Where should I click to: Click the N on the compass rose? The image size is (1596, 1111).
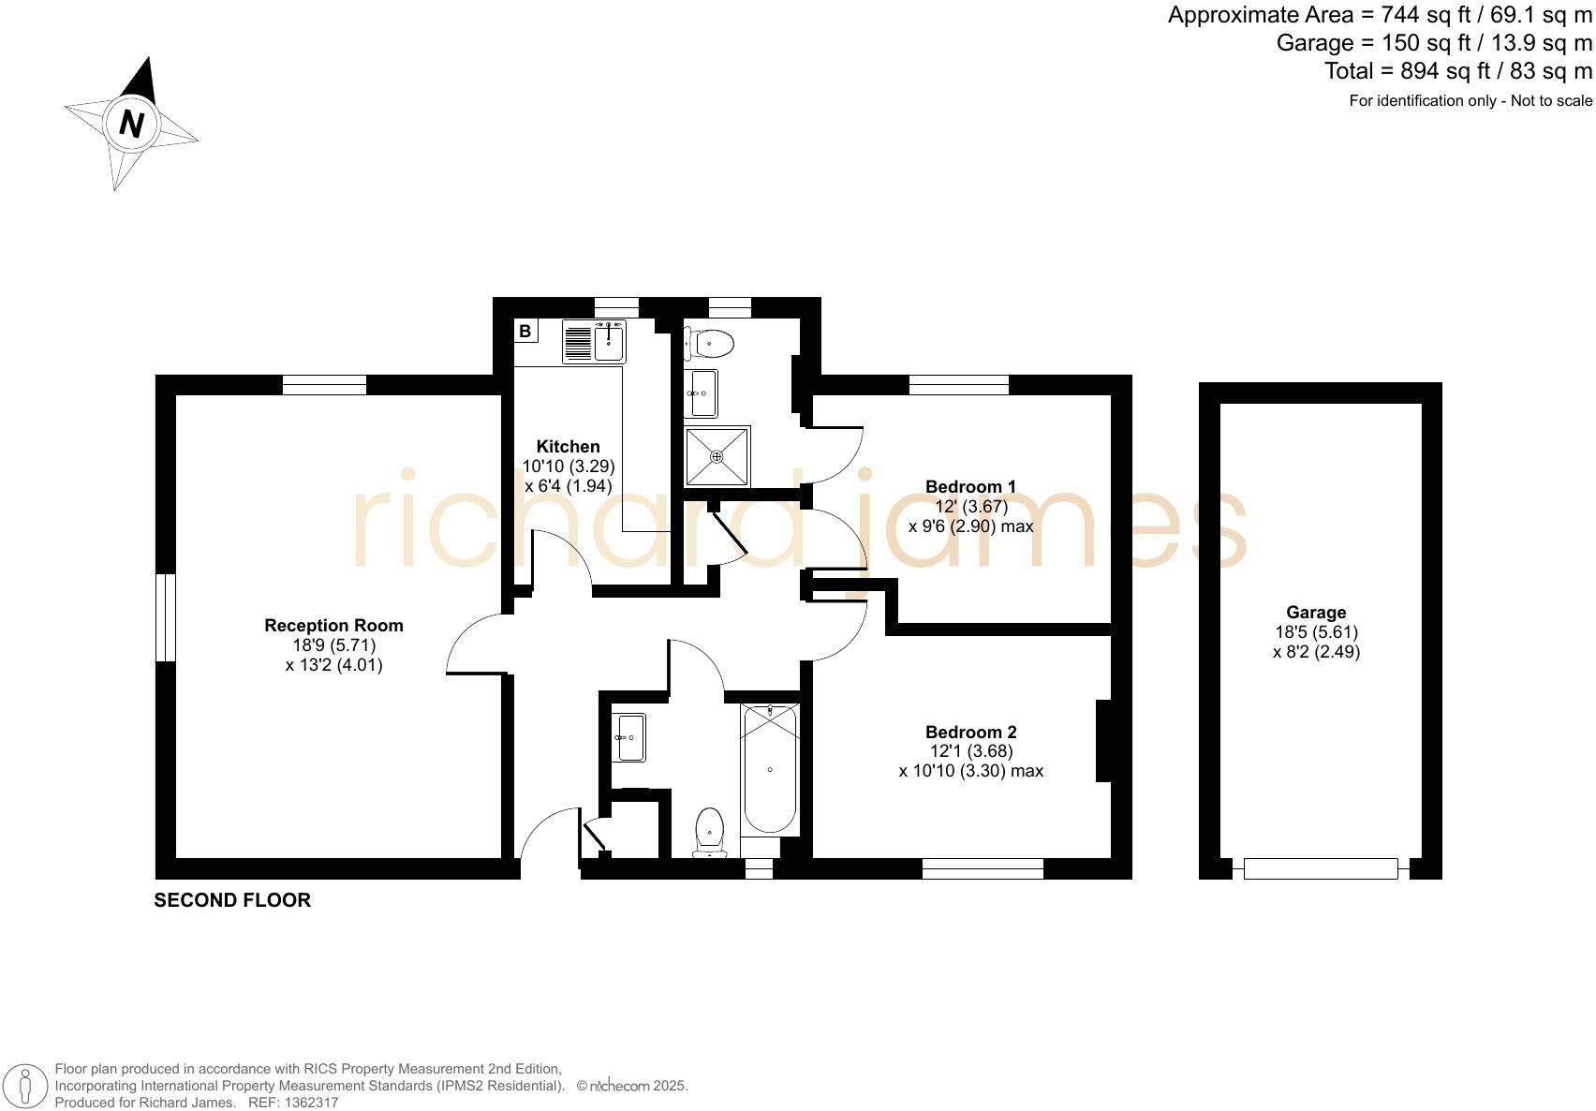[x=132, y=124]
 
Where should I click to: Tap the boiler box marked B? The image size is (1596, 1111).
[x=525, y=331]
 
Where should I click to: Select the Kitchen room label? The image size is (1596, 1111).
[x=568, y=447]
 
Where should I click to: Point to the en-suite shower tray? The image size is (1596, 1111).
[x=717, y=456]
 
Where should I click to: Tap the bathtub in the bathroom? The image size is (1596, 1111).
[x=769, y=769]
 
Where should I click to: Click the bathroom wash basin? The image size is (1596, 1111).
[x=629, y=737]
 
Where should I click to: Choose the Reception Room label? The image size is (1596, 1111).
[x=333, y=626]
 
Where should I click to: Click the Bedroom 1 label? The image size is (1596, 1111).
[x=970, y=486]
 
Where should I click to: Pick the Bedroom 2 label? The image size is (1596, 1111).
[x=970, y=732]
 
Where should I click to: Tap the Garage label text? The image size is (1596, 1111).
[x=1316, y=613]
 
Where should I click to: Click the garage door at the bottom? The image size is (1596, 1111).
[x=1321, y=869]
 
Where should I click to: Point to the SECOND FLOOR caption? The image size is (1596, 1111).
[x=232, y=900]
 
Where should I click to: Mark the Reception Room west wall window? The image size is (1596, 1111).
[x=165, y=617]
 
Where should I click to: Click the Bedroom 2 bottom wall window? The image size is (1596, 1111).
[x=983, y=869]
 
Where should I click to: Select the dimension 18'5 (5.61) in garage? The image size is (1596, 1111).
[x=1316, y=632]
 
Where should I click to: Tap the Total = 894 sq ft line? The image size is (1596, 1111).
[x=1457, y=71]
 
